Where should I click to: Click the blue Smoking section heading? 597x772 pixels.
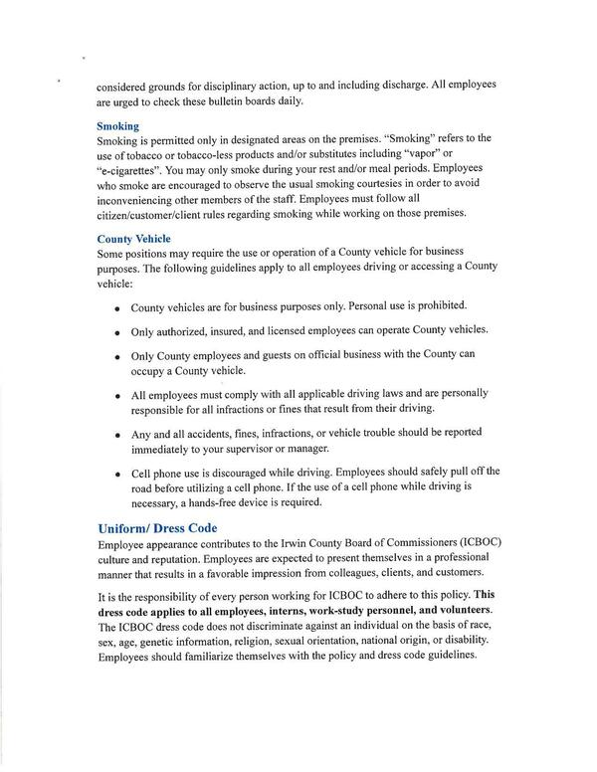coord(117,126)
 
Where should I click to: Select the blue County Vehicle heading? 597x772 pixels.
coord(133,239)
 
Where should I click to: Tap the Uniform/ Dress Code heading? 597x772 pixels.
coord(157,528)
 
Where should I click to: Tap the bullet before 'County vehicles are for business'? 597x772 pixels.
coord(117,308)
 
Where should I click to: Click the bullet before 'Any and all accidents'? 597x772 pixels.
coord(117,436)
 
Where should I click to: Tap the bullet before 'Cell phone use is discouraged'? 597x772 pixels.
coord(117,474)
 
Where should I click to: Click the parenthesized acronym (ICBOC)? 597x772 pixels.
coord(471,546)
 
